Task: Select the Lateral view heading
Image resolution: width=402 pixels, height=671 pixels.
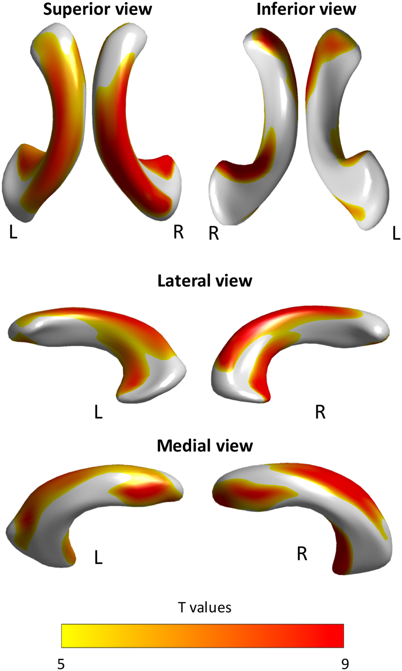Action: point(205,281)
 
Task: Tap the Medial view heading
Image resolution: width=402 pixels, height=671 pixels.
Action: point(205,446)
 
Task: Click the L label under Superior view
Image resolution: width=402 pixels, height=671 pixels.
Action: point(13,232)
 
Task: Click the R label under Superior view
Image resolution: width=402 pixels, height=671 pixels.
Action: point(178,232)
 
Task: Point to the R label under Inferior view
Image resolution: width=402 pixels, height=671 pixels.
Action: point(214,233)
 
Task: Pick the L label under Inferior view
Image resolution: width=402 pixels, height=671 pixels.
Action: point(396,233)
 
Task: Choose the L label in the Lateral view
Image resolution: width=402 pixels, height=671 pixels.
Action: point(98,412)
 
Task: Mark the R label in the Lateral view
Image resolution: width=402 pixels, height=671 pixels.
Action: point(320,412)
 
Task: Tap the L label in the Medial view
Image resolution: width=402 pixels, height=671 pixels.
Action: point(98,557)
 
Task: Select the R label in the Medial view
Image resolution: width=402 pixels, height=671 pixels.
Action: point(302,554)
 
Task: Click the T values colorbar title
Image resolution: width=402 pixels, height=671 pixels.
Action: point(205,608)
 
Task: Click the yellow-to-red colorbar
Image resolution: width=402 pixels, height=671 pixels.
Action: point(202,635)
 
